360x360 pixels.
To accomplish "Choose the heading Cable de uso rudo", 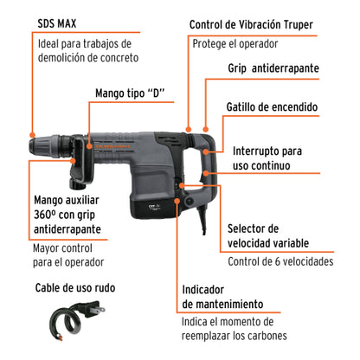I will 74,287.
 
